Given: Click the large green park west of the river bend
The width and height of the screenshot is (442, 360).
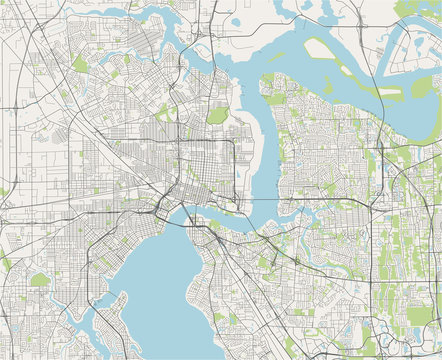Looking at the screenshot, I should click(x=217, y=115).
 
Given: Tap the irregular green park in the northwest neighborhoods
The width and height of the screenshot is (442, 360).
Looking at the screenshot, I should click(x=80, y=64).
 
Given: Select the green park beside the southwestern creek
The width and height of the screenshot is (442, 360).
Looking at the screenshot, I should click(x=40, y=280).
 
